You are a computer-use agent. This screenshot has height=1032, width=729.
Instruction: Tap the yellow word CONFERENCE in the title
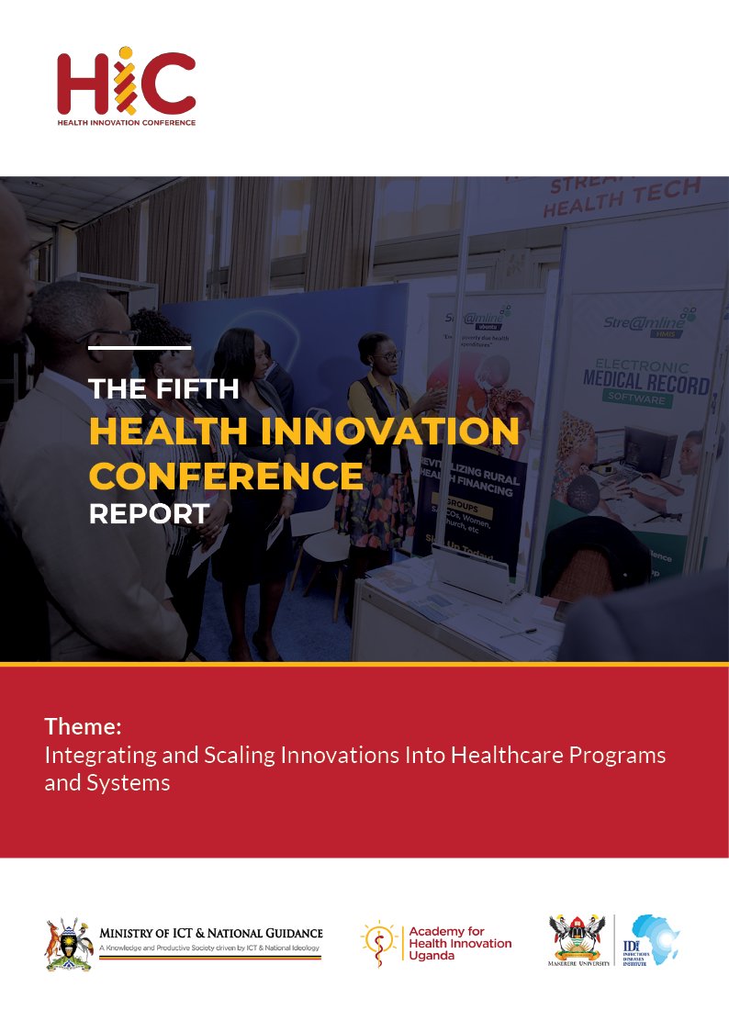[226, 476]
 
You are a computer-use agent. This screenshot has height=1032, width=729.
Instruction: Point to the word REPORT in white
[149, 513]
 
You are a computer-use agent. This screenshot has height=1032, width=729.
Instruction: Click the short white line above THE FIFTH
[140, 348]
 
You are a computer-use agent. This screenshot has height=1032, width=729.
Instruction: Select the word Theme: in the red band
[83, 727]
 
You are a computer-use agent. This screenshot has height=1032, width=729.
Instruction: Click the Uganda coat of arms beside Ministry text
[69, 943]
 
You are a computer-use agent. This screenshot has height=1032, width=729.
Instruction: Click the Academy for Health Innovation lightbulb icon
[377, 943]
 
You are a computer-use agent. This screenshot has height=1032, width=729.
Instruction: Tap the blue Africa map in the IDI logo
[656, 939]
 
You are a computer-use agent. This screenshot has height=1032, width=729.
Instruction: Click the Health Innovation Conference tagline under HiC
[126, 121]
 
